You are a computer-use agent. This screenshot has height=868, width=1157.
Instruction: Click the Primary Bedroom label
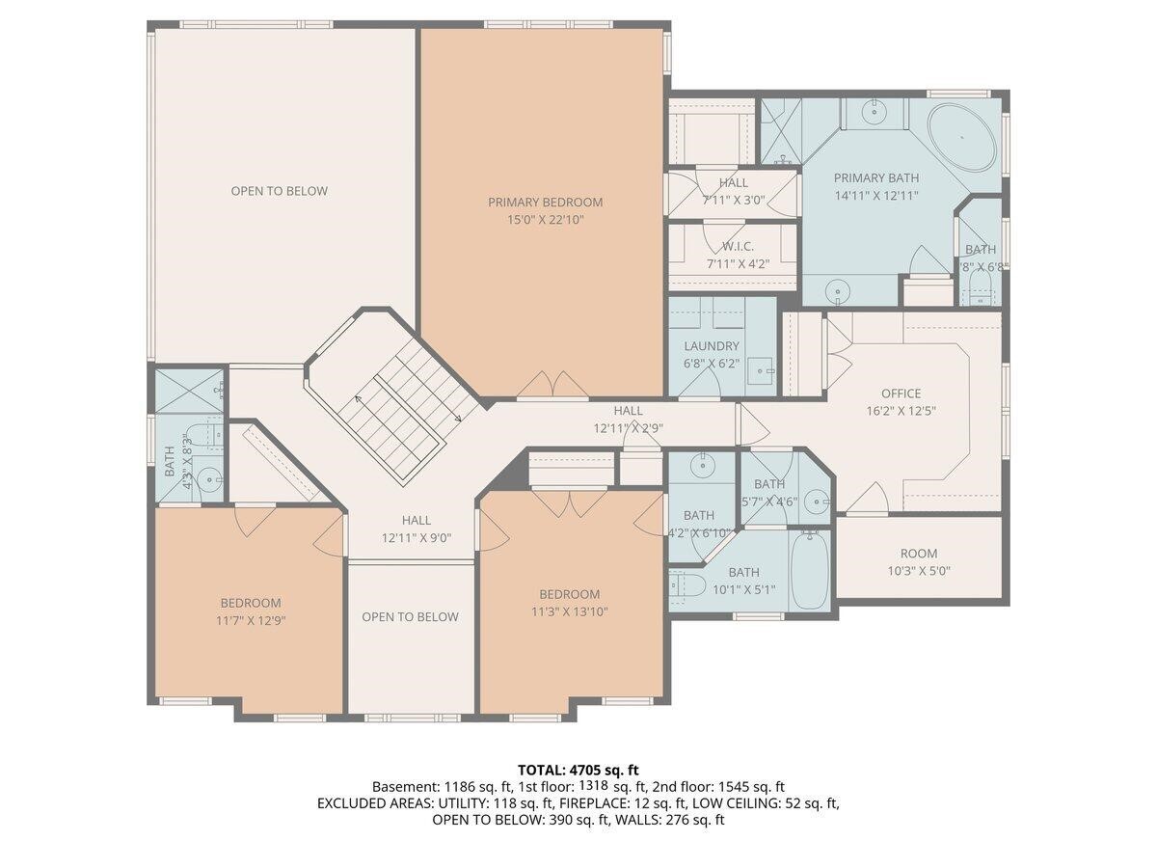tap(545, 203)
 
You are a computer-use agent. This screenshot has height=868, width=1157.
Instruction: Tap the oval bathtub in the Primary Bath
tap(964, 138)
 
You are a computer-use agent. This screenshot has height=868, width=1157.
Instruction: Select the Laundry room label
tap(712, 346)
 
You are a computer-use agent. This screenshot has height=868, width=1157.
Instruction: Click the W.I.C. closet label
tap(737, 247)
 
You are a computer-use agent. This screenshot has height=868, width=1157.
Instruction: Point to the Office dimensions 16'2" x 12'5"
tap(901, 410)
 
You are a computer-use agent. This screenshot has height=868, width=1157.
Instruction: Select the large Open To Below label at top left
tap(279, 191)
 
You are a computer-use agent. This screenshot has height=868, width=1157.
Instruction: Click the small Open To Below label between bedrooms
tap(410, 617)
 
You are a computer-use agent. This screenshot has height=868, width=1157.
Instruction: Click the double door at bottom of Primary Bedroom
tap(552, 388)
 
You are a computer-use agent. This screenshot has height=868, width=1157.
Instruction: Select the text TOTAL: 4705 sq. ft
tap(578, 770)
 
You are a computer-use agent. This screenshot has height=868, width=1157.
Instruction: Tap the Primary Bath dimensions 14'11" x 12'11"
tap(875, 195)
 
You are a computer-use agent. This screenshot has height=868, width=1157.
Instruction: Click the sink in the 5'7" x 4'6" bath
tap(816, 500)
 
